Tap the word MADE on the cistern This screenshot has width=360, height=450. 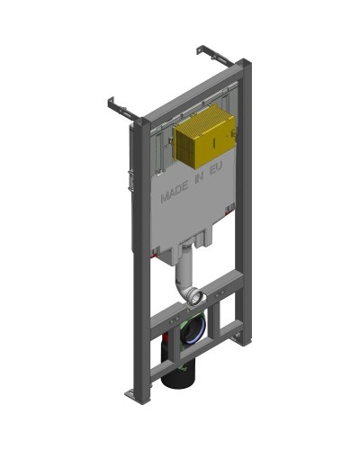coord(174,193)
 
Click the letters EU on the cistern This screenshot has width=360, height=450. coord(213,170)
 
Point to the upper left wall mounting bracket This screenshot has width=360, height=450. coord(122,109)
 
